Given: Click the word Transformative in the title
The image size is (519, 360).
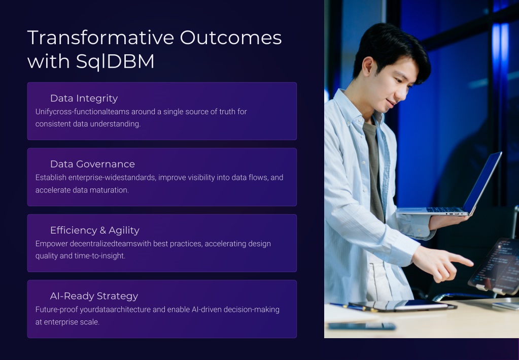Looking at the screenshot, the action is (100, 38).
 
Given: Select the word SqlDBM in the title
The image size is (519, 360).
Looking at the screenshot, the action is (115, 61).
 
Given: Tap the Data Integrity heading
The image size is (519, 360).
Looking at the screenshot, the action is (84, 99).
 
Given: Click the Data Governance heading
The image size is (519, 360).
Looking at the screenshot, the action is (93, 164).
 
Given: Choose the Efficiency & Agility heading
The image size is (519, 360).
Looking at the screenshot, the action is (95, 230).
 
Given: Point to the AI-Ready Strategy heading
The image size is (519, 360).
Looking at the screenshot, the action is (94, 296).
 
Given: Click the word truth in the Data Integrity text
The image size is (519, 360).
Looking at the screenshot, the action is (227, 112).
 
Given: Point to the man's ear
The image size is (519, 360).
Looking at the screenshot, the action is (368, 66).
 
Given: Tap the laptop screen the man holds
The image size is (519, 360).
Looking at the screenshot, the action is (482, 182).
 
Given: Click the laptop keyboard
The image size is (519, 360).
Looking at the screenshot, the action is (443, 210).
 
